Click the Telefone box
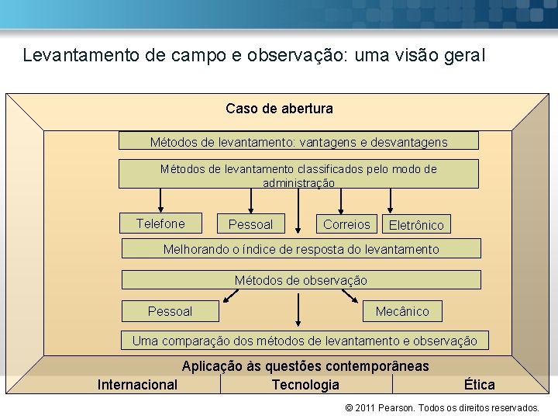click(x=160, y=223)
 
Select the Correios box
click(x=346, y=224)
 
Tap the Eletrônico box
click(x=417, y=225)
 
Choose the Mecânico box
click(x=401, y=311)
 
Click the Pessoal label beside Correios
click(x=250, y=224)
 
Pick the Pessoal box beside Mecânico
click(x=170, y=311)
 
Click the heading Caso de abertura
click(x=279, y=109)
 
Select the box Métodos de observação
click(x=301, y=280)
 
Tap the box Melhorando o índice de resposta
click(x=301, y=249)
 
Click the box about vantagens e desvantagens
click(x=298, y=141)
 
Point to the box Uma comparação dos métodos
click(x=305, y=341)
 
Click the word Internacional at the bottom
click(x=137, y=385)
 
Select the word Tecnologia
click(x=305, y=385)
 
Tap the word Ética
click(x=479, y=385)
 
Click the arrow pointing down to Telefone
click(x=160, y=200)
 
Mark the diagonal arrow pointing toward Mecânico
click(x=349, y=296)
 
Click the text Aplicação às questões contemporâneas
click(x=305, y=366)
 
